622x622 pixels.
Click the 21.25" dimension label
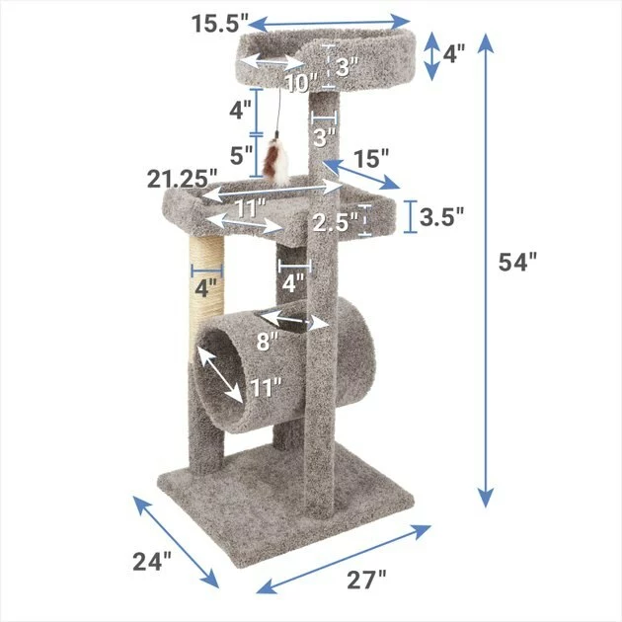pos(183,179)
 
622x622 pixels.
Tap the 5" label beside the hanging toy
pos(241,155)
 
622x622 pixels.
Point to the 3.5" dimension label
pos(441,215)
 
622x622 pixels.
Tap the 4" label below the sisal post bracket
pos(205,289)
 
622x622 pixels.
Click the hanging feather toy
pos(278,161)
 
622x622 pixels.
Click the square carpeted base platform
pos(286,504)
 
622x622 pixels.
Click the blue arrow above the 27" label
pos(345,561)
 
